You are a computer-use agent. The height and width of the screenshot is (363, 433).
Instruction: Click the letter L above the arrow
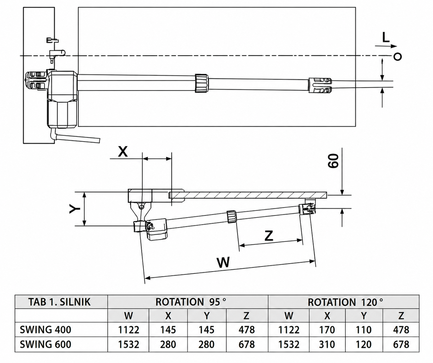(x=386, y=38)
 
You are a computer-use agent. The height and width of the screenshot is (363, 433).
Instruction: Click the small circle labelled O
(x=398, y=57)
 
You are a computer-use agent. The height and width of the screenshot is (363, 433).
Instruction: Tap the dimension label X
(x=123, y=152)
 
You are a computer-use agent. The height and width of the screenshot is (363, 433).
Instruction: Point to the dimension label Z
(x=269, y=236)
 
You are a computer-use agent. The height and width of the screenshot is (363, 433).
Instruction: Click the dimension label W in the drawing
(x=223, y=262)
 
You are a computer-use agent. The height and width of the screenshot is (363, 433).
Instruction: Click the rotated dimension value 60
(x=333, y=161)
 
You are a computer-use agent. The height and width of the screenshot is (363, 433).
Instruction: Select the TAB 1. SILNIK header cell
(x=59, y=302)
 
